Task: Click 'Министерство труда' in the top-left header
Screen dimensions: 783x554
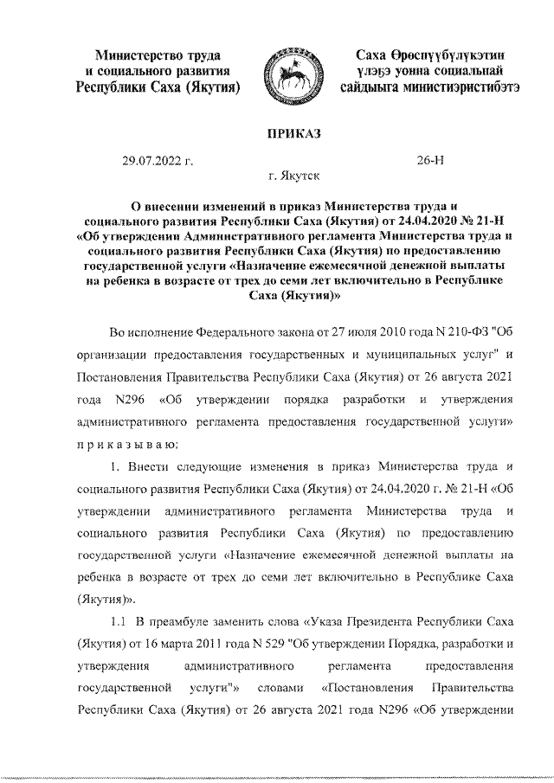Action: click(157, 55)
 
